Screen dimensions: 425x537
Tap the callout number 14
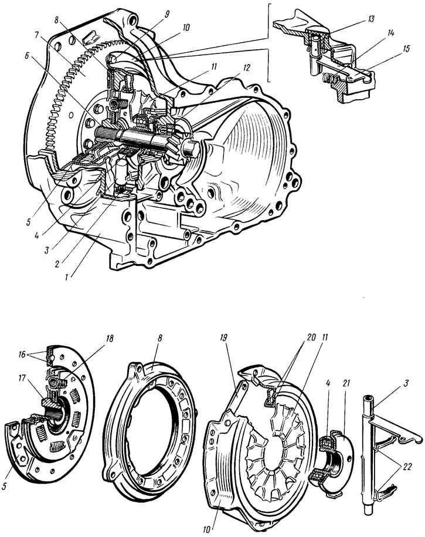point(391,33)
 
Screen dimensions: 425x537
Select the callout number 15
point(406,49)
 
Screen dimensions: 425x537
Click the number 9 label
point(167,15)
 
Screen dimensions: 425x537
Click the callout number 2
point(57,264)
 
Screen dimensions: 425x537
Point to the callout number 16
point(22,355)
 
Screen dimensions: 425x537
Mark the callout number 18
point(110,339)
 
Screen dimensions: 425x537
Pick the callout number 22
point(406,466)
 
